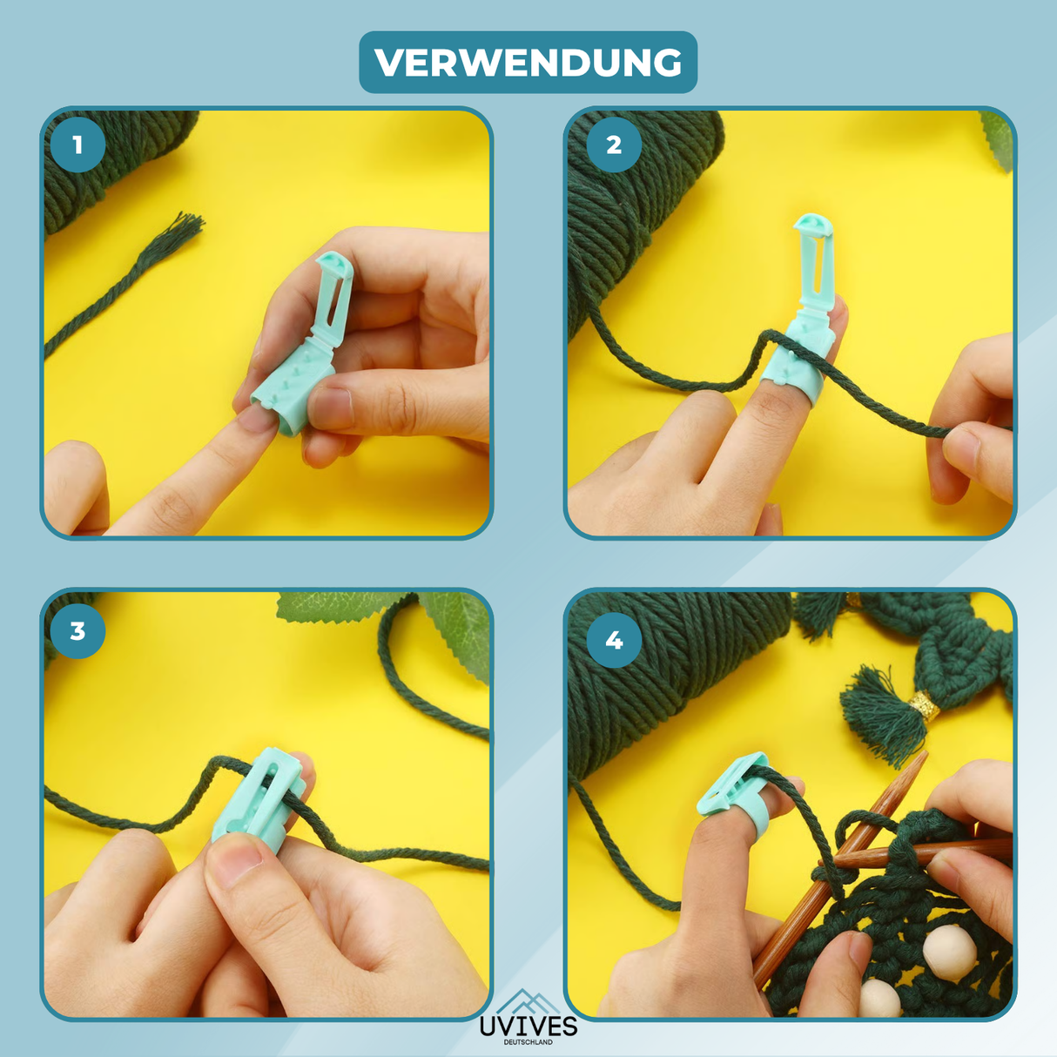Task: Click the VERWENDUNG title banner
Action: coord(528,63)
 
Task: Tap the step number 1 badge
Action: coord(77,145)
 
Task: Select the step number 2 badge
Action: coord(614,145)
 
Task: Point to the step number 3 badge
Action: coord(77,630)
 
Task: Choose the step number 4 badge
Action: coord(614,640)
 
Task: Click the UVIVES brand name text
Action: coord(528,1026)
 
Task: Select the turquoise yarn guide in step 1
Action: coord(305,348)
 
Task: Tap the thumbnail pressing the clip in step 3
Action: coord(235,858)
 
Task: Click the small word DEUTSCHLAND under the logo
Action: coord(528,1042)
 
